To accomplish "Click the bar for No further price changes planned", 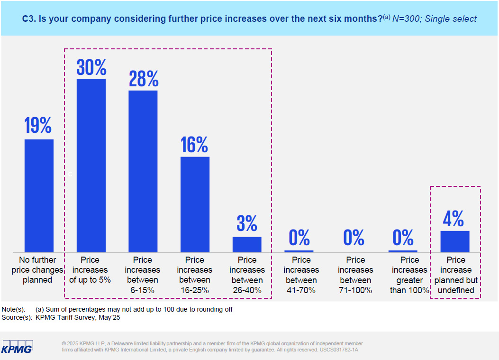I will [39, 195].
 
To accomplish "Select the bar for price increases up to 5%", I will [91, 165].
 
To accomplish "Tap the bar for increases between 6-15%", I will [143, 171].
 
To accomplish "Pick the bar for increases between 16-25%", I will [195, 204].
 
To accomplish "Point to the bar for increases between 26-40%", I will [247, 244].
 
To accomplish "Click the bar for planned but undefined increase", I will [455, 241].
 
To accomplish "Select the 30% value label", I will [91, 67].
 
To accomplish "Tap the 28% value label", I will [144, 78].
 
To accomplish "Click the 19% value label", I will [38, 126].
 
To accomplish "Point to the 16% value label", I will [194, 144].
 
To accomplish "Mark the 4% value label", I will [454, 219].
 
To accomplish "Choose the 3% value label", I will [247, 223].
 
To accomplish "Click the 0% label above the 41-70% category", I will [299, 237].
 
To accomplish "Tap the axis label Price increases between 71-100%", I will [355, 275].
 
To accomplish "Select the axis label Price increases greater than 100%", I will [409, 275].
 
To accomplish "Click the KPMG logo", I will [17, 346].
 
